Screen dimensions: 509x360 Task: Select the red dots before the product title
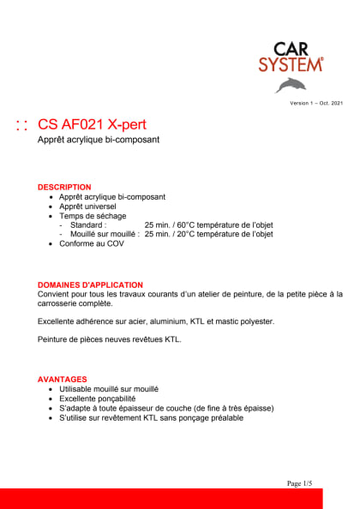click(23, 125)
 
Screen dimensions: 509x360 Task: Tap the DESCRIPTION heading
click(64, 187)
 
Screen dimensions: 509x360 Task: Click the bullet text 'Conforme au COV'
click(92, 243)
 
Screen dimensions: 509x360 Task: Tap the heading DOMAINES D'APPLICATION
click(90, 284)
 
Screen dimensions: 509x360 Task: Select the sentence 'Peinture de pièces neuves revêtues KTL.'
click(110, 340)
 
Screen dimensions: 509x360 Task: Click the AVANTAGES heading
click(63, 379)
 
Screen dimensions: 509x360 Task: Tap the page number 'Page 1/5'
click(299, 484)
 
